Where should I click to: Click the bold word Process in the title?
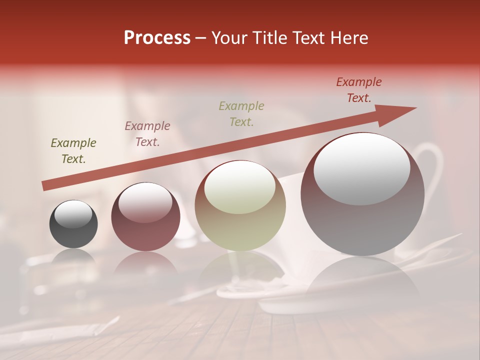[x=157, y=38]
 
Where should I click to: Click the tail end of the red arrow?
[x=45, y=185]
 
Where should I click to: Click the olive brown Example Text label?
[x=73, y=151]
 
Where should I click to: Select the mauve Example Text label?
[x=147, y=134]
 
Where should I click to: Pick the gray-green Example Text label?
[x=241, y=113]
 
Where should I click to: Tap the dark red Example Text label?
[x=359, y=90]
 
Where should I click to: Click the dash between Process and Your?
[x=201, y=38]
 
